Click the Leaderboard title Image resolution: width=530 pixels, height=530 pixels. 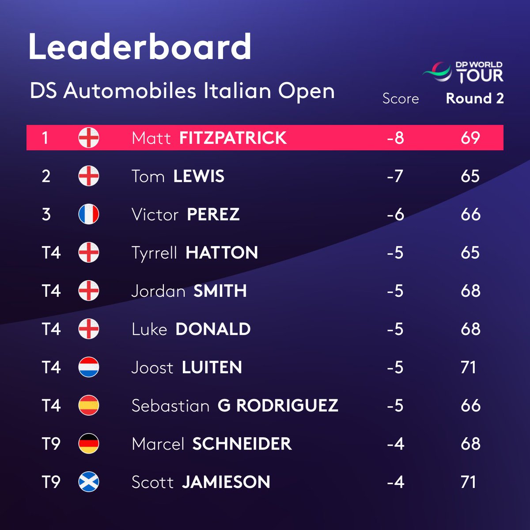[x=140, y=46]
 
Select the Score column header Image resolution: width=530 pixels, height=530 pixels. [x=400, y=98]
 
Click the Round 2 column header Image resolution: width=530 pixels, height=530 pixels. [x=475, y=98]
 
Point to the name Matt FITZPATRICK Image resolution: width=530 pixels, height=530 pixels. [x=209, y=138]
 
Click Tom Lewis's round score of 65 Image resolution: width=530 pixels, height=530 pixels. [x=470, y=176]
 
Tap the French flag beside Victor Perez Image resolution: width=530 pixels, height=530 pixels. [x=89, y=214]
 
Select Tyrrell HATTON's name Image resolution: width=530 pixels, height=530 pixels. [x=195, y=253]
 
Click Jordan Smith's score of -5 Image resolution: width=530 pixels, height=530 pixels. [x=395, y=291]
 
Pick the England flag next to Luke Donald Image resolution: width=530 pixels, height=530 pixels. [x=89, y=329]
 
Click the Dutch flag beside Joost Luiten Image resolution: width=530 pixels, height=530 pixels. [x=89, y=367]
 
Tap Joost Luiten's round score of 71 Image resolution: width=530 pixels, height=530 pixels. [x=469, y=367]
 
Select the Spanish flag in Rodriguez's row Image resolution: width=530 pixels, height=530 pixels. [x=89, y=405]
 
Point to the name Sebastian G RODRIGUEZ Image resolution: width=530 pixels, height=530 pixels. [x=235, y=405]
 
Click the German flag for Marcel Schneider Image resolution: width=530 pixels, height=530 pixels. [x=89, y=444]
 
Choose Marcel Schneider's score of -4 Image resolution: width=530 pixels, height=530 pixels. [x=395, y=444]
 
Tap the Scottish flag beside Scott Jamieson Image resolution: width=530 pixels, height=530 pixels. [x=89, y=482]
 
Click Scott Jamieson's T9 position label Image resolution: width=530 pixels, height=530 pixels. [x=51, y=482]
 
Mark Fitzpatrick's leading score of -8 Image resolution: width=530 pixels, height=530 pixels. [x=395, y=138]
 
